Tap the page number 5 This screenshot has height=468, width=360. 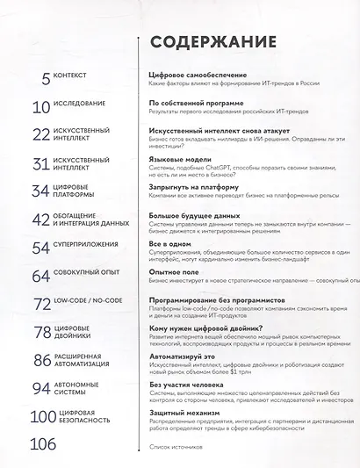(46, 80)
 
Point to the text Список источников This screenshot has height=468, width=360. (179, 447)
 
